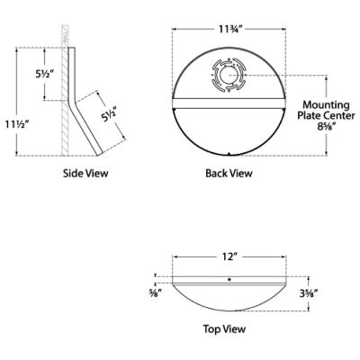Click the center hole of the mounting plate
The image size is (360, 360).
coord(229,77)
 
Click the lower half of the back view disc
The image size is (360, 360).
coord(229,126)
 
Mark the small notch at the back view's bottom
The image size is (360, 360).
coord(229,154)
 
